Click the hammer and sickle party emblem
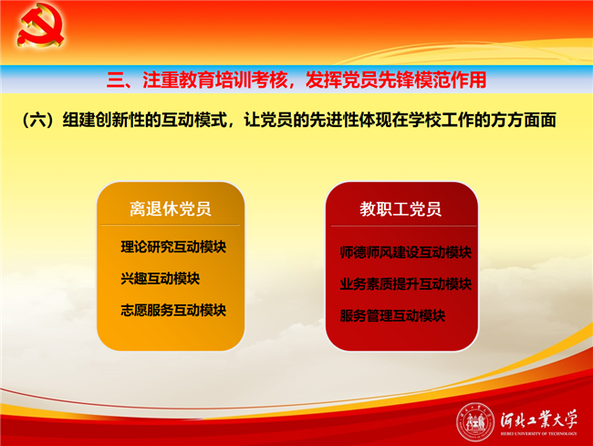40,25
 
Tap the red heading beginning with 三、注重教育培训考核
296,80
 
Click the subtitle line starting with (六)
289,120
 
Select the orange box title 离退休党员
171,208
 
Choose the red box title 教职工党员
401,208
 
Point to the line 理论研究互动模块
173,247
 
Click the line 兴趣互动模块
160,279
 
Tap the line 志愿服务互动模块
173,310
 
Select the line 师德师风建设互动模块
405,252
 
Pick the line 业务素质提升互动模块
405,284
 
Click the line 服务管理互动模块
392,315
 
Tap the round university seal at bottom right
475,422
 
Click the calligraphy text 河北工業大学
539,419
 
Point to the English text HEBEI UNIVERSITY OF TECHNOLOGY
539,433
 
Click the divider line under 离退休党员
171,225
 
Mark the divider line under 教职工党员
403,227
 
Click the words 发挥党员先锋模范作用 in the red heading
396,80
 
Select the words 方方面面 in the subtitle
524,120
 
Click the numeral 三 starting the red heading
115,80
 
